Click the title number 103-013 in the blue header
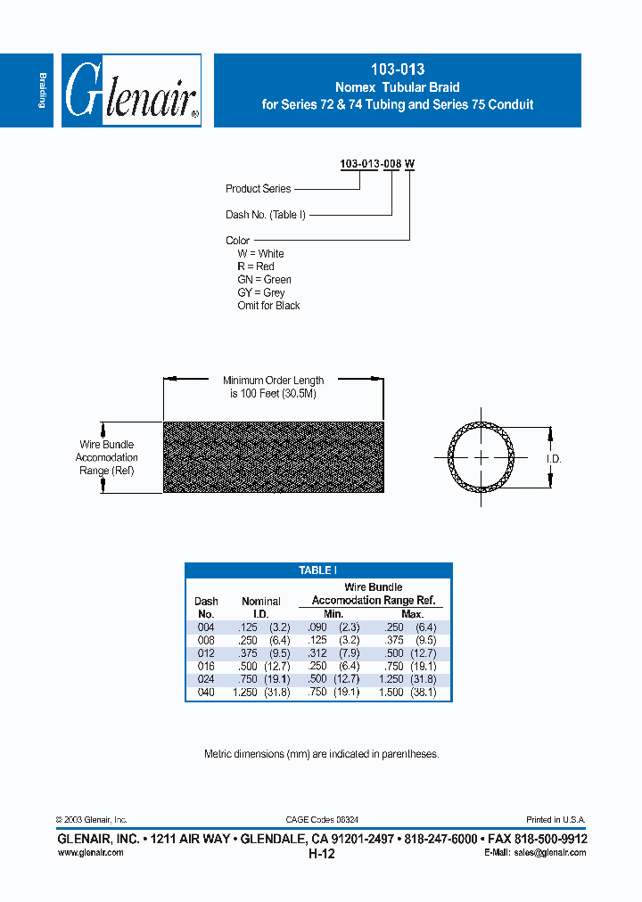pyautogui.click(x=397, y=70)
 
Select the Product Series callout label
pyautogui.click(x=258, y=189)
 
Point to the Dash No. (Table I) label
pyautogui.click(x=266, y=215)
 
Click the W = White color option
pyautogui.click(x=260, y=254)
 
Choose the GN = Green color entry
pyautogui.click(x=264, y=280)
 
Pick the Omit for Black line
pyautogui.click(x=268, y=306)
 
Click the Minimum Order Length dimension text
pyautogui.click(x=273, y=387)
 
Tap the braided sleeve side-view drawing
pyautogui.click(x=274, y=456)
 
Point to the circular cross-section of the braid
pyautogui.click(x=481, y=457)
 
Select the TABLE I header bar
pyautogui.click(x=318, y=570)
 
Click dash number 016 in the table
pyautogui.click(x=205, y=666)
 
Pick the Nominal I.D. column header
pyautogui.click(x=260, y=607)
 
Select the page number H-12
pyautogui.click(x=321, y=854)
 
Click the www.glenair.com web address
pyautogui.click(x=90, y=853)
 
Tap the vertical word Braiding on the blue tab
pyautogui.click(x=41, y=90)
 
